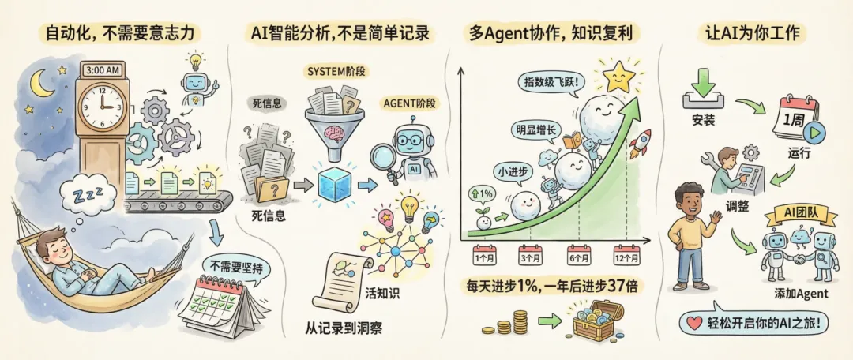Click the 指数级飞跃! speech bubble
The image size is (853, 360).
click(x=550, y=81)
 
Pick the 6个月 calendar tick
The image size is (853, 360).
click(x=580, y=256)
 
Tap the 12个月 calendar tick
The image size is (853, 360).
click(x=628, y=256)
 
